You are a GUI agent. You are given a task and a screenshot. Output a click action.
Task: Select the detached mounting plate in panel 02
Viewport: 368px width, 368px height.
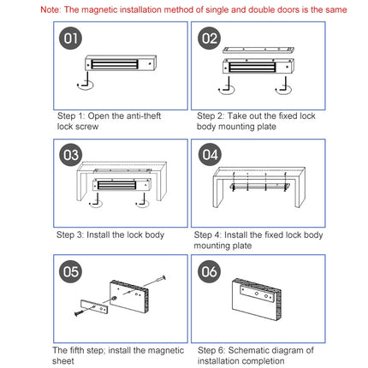[x=258, y=51]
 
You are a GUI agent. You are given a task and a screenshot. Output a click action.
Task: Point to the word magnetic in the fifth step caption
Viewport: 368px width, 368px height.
[x=163, y=350]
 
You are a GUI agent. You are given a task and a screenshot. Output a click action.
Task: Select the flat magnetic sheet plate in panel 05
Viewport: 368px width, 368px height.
[x=91, y=306]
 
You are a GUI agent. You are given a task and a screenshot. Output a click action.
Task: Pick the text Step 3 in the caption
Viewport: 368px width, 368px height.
[x=70, y=234]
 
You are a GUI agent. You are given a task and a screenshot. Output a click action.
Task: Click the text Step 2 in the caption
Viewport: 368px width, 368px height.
[x=211, y=115]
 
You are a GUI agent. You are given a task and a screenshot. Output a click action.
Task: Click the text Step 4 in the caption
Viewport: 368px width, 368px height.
[x=208, y=234]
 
